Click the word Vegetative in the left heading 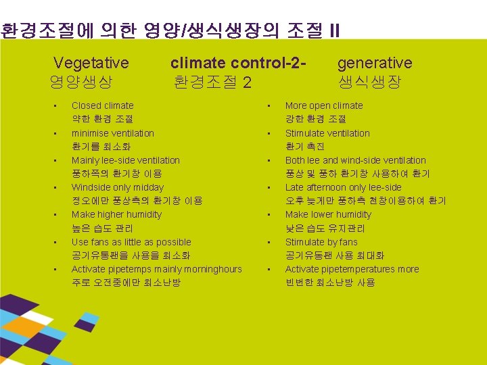point(91,64)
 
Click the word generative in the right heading point(374,64)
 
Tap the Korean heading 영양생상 point(80,83)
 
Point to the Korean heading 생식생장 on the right point(369,83)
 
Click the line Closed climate point(102,105)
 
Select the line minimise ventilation point(112,133)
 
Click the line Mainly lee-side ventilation point(125,160)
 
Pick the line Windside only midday point(117,187)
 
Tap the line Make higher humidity point(116,214)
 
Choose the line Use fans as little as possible point(131,242)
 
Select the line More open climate point(323,105)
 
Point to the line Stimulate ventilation point(327,133)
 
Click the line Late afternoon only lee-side point(343,187)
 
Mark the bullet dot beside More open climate point(269,106)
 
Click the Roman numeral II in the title point(334,30)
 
